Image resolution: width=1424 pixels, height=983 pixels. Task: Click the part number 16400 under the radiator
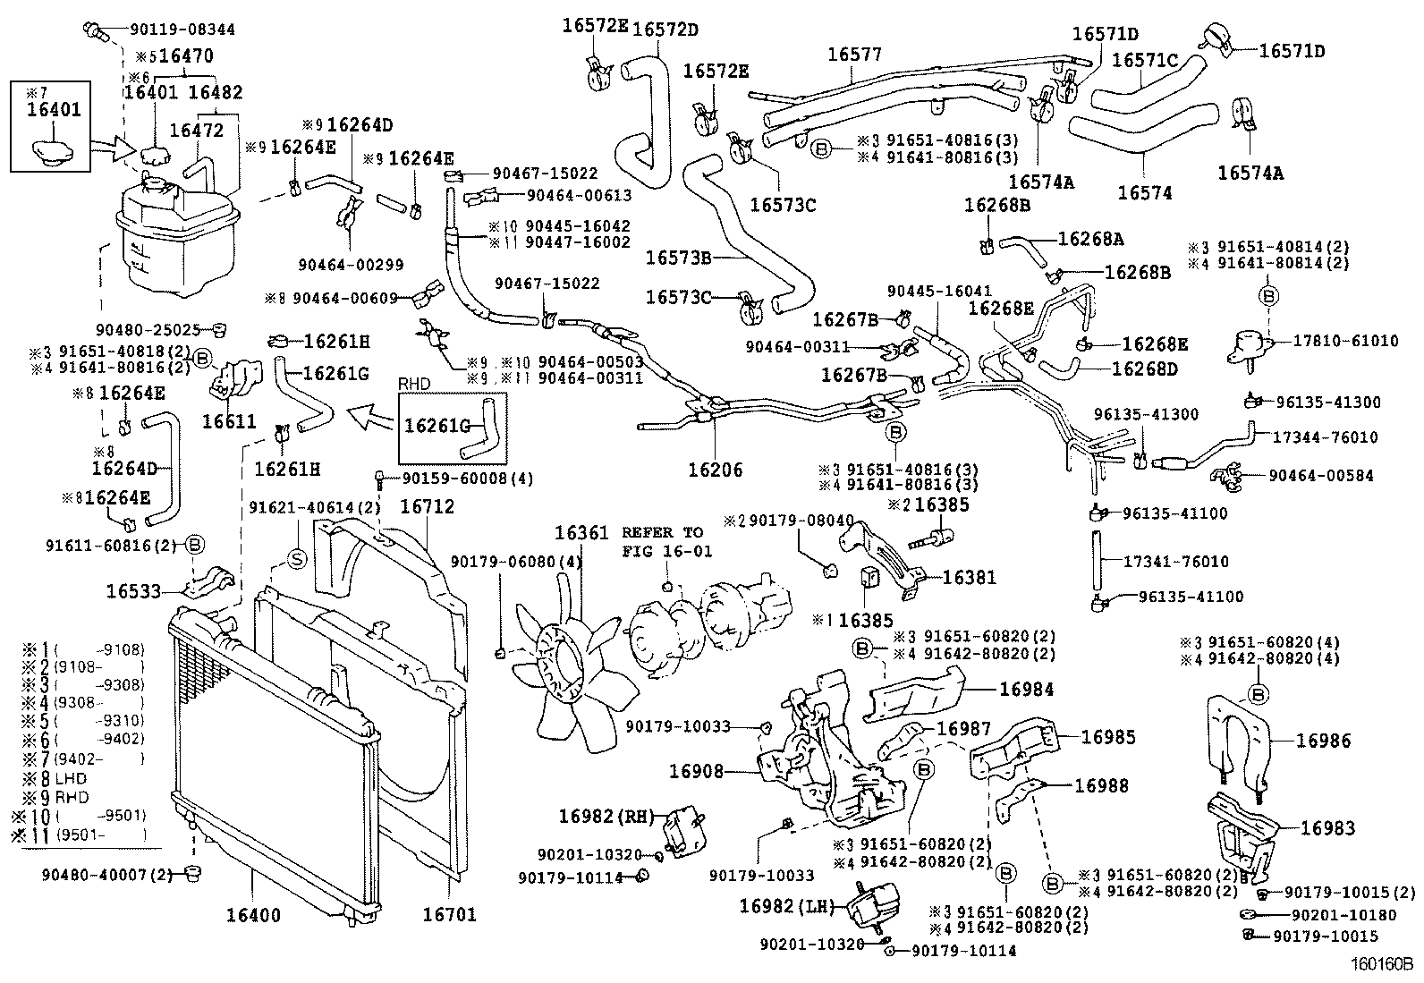click(252, 915)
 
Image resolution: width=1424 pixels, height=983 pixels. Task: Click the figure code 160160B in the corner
click(1381, 965)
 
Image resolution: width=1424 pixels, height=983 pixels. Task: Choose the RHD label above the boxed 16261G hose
click(414, 384)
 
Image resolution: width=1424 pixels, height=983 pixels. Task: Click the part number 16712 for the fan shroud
click(427, 506)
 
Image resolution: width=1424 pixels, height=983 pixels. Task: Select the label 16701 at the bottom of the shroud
click(449, 914)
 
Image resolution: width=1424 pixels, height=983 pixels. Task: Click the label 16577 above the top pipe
click(854, 54)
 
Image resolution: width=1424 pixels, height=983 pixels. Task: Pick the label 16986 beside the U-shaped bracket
click(1324, 741)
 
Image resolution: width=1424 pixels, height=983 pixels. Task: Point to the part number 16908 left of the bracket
click(695, 770)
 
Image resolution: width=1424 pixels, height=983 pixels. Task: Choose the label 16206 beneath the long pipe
click(716, 470)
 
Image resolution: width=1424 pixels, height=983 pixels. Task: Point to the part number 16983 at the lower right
click(1327, 828)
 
